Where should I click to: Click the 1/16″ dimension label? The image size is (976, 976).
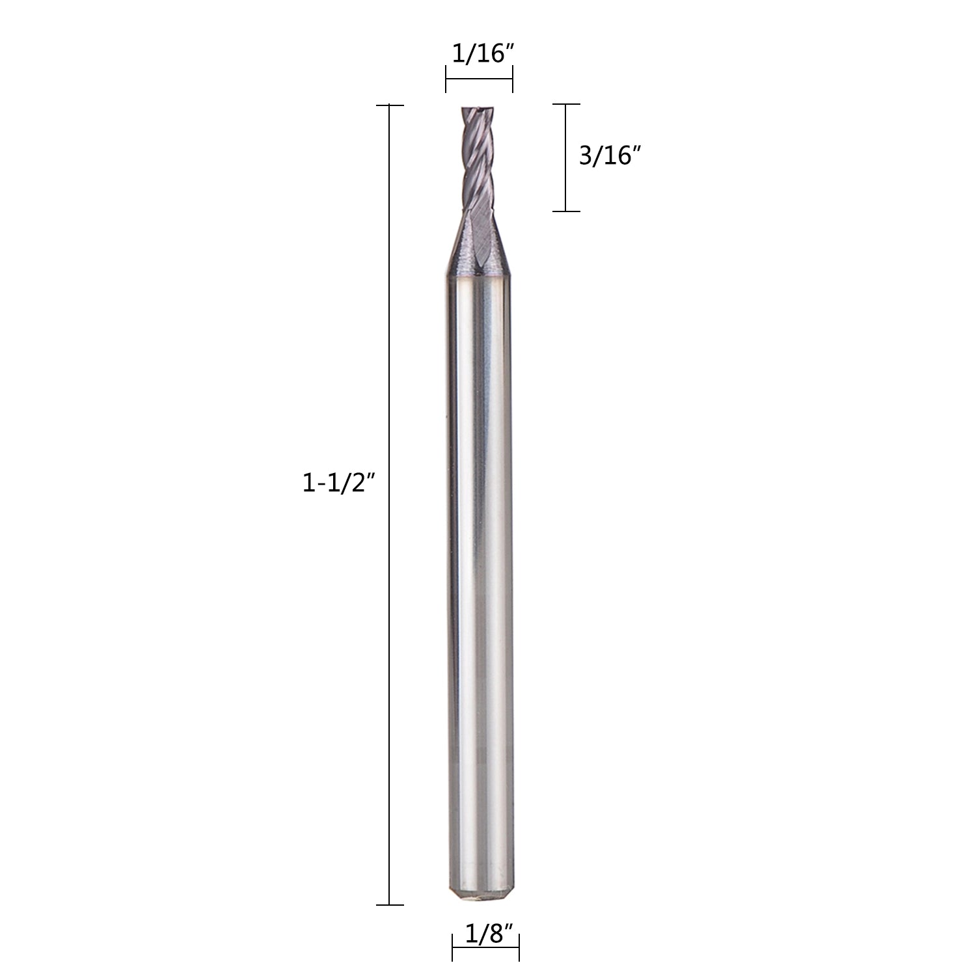coord(478,54)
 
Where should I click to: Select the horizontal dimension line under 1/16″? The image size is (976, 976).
coord(480,81)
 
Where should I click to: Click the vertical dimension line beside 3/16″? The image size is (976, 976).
coord(565,158)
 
